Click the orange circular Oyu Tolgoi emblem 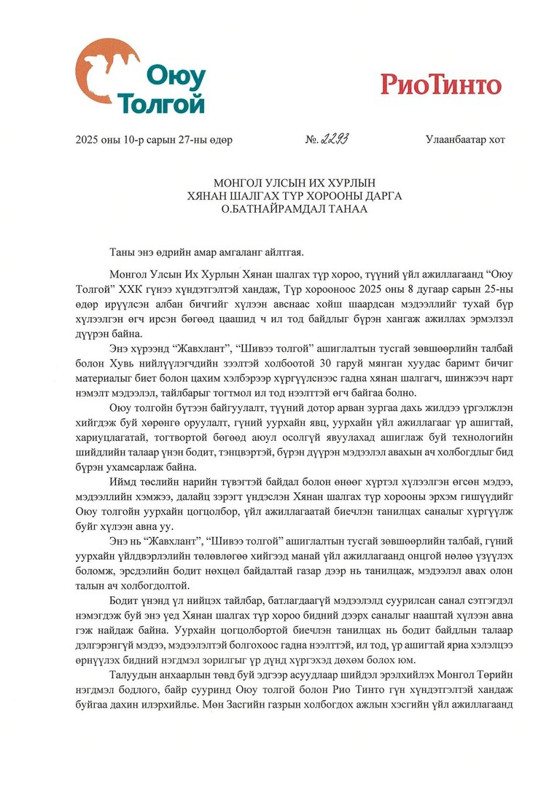[x=107, y=74]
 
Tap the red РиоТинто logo [x=440, y=85]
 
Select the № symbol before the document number [x=309, y=140]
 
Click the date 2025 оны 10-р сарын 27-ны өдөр [x=154, y=140]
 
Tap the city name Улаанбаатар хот [x=465, y=140]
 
